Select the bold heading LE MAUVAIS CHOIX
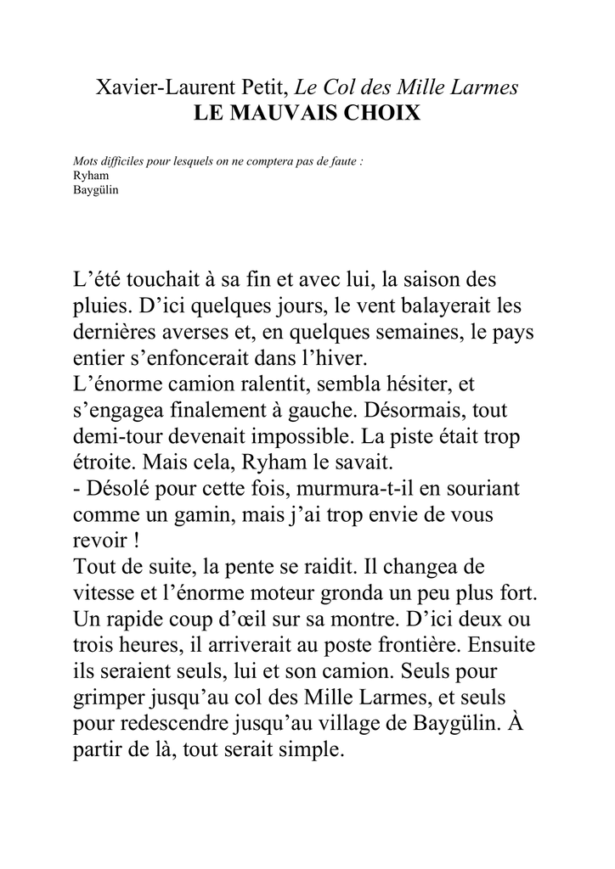[307, 112]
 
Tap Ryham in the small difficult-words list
[87, 177]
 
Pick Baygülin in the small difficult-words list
[95, 189]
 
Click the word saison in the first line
[430, 279]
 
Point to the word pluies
[99, 305]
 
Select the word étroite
[102, 463]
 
